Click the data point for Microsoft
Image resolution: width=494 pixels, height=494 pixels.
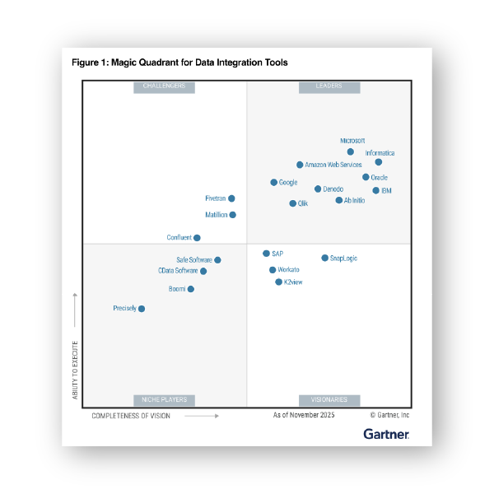[350, 151]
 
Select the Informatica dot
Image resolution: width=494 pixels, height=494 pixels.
[379, 162]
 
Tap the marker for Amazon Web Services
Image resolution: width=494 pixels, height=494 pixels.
[300, 165]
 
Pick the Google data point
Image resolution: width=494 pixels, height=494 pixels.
[274, 182]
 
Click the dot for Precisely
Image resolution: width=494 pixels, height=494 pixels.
[142, 309]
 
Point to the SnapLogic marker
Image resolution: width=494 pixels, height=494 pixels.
[325, 258]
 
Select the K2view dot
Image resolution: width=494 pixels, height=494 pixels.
[279, 282]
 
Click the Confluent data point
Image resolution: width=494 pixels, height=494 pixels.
[198, 238]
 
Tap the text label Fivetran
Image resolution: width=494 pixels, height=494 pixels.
[215, 198]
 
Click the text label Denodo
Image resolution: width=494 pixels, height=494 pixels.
[333, 189]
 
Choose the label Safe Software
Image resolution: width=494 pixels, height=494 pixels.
[193, 260]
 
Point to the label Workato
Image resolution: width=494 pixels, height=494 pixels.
[289, 270]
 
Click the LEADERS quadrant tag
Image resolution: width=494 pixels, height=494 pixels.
[329, 86]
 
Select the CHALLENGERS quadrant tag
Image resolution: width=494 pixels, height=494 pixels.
[164, 86]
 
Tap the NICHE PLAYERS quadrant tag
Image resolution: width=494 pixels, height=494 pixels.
[164, 399]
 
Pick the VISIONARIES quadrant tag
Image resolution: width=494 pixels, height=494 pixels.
[329, 399]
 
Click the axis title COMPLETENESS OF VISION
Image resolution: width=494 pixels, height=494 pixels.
[131, 416]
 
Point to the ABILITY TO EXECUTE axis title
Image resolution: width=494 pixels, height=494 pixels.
[75, 370]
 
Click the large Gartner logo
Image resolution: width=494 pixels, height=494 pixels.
[386, 433]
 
